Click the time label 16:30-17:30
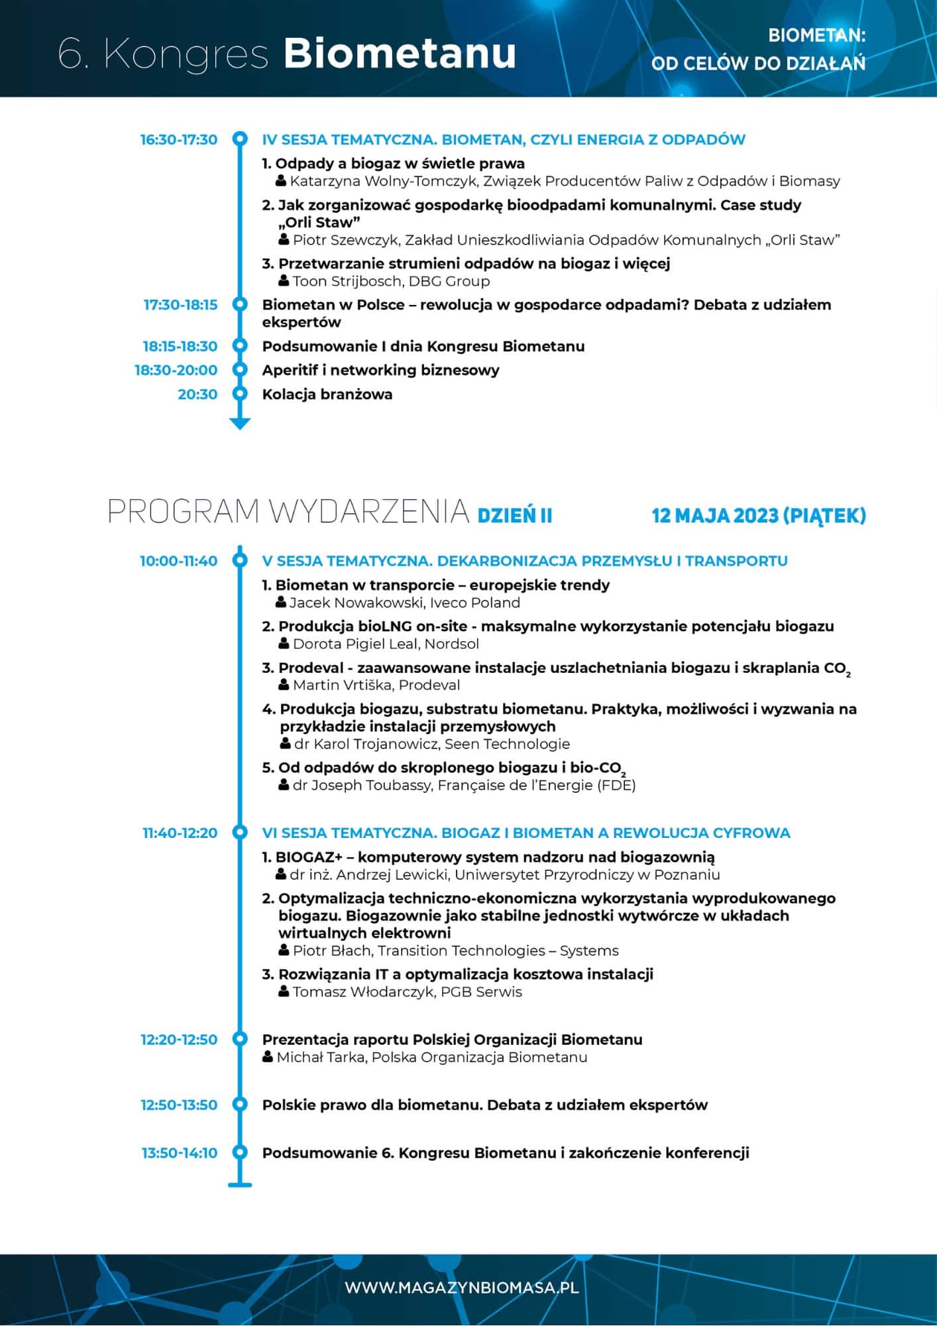178,140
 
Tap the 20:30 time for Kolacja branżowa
197,394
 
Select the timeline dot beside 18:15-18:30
239,346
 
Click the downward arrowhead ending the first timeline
239,423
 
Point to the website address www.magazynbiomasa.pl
462,1288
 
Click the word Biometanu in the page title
400,54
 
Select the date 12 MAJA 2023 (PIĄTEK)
759,515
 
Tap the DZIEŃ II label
515,516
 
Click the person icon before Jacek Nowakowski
281,602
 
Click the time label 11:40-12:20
180,833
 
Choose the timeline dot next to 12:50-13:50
239,1105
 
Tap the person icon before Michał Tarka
268,1057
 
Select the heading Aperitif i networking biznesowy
380,370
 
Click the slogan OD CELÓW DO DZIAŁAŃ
758,64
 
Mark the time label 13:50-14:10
179,1153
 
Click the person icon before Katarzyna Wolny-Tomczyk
281,180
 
